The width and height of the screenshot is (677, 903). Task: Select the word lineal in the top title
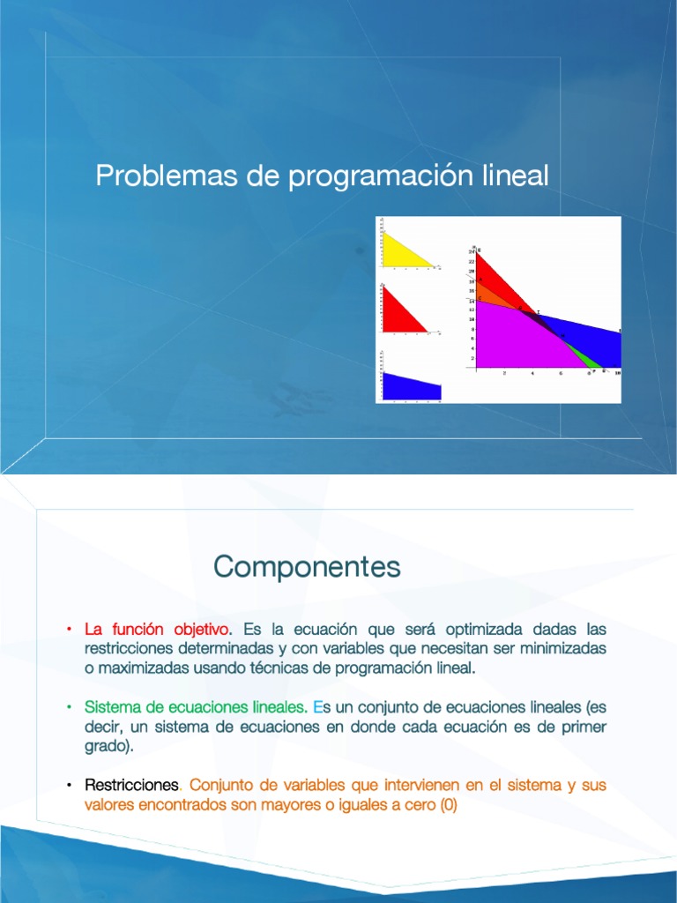[x=515, y=175]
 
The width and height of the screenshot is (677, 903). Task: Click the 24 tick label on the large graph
[x=472, y=252]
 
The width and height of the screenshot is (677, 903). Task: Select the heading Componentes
[x=307, y=567]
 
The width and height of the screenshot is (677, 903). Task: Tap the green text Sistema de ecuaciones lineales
[x=196, y=706]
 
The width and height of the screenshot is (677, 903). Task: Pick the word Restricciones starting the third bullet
[x=131, y=784]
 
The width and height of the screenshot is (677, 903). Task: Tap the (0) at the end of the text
[x=448, y=803]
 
